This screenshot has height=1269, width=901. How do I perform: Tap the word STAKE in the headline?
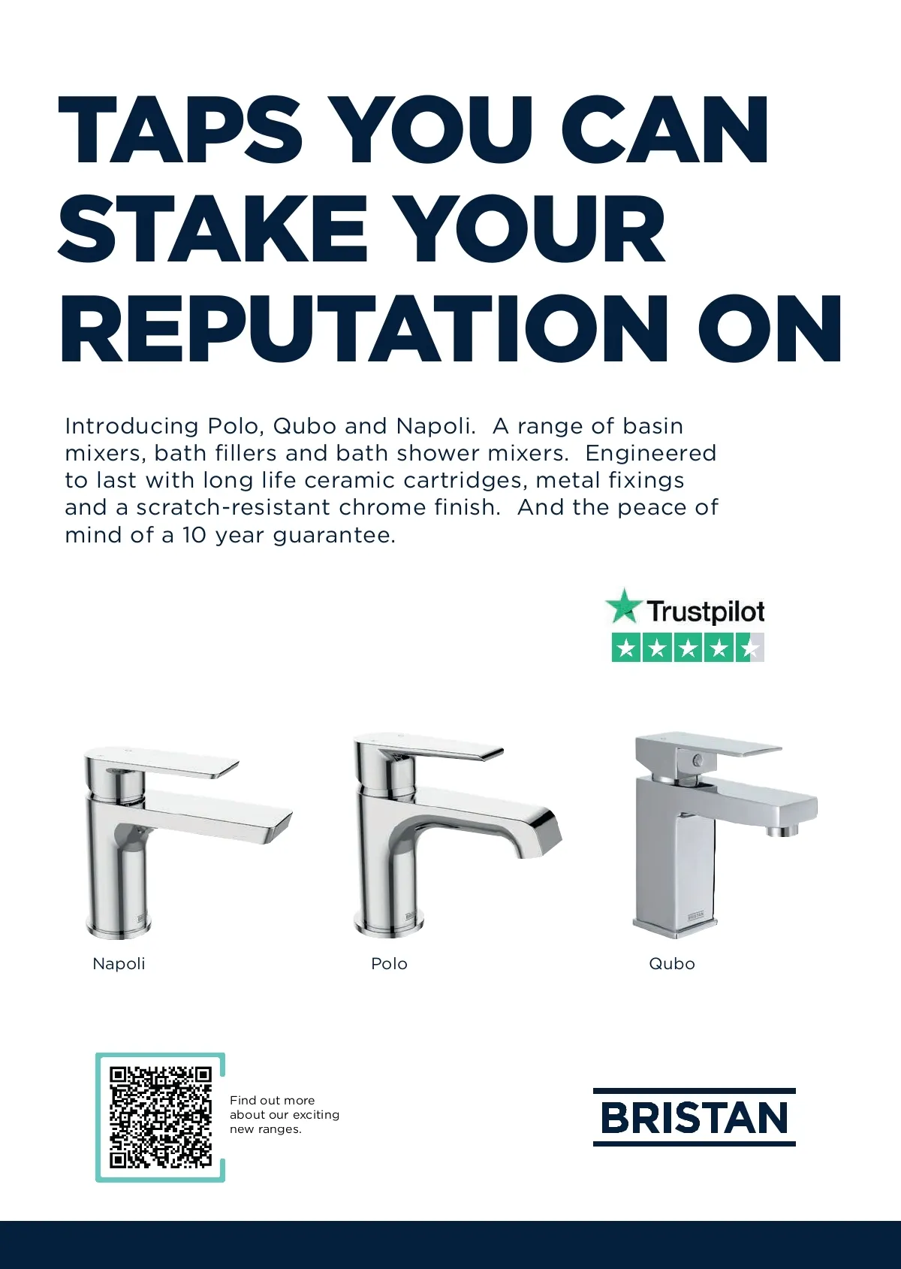pyautogui.click(x=212, y=228)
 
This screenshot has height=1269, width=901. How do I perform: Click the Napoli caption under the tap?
pyautogui.click(x=119, y=964)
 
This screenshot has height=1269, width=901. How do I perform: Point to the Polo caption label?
pyautogui.click(x=389, y=964)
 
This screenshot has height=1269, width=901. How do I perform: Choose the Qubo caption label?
pyautogui.click(x=672, y=964)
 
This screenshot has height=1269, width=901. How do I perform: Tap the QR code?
pyautogui.click(x=160, y=1118)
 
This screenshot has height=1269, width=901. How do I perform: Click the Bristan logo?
pyautogui.click(x=695, y=1117)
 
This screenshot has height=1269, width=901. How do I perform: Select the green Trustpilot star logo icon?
pyautogui.click(x=623, y=606)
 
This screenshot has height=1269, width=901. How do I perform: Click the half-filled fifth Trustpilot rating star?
pyautogui.click(x=750, y=648)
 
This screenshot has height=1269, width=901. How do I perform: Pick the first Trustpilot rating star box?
pyautogui.click(x=625, y=648)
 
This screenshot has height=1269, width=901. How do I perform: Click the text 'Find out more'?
pyautogui.click(x=273, y=1100)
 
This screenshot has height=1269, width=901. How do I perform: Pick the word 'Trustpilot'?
pyautogui.click(x=705, y=611)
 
